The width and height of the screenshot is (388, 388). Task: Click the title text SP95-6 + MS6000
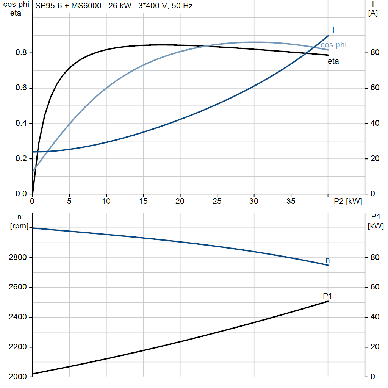[68, 5]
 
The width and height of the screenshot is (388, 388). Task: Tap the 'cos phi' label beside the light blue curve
[333, 45]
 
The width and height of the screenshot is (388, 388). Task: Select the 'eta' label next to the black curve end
[333, 61]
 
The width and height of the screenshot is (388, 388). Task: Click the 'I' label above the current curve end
[333, 30]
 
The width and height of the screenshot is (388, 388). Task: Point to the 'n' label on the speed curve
[328, 260]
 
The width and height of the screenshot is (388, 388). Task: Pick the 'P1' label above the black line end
[327, 296]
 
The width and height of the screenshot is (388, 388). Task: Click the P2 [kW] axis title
[348, 201]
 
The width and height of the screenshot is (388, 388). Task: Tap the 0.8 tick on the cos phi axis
[21, 52]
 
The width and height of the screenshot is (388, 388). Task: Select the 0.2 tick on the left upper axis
[21, 158]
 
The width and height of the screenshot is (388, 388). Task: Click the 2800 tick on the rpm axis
[17, 257]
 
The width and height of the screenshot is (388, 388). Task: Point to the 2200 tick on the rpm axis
[17, 347]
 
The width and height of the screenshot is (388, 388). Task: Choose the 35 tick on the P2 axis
[291, 201]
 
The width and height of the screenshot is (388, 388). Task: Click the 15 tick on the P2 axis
[143, 201]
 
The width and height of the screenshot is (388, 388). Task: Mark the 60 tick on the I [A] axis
[375, 88]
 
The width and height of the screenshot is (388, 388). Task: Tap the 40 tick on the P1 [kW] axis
[375, 317]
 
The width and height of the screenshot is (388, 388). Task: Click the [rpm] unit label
[19, 226]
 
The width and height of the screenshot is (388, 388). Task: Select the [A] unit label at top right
[373, 13]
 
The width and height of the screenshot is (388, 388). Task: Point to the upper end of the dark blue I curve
[328, 36]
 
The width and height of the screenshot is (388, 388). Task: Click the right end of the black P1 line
[328, 301]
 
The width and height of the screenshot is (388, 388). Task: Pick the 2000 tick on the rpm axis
[17, 377]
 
